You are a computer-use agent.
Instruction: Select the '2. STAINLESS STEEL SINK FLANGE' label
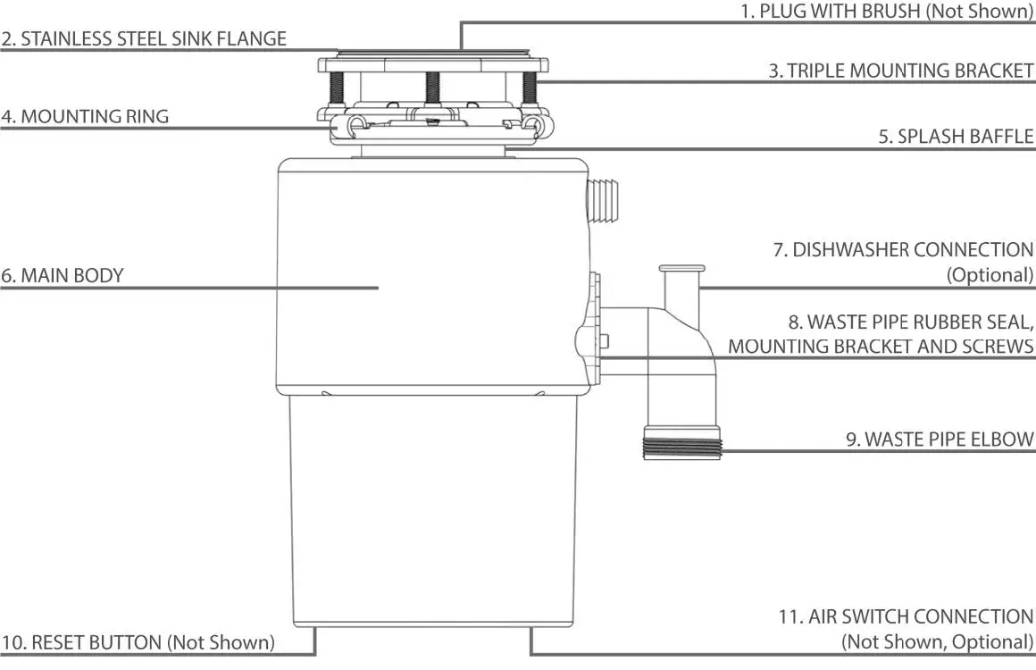pyautogui.click(x=144, y=38)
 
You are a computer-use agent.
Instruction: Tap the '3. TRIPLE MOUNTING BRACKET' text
pyautogui.click(x=900, y=71)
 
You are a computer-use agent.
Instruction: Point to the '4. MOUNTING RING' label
pyautogui.click(x=85, y=116)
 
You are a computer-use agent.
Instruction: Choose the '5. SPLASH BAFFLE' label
pyautogui.click(x=956, y=137)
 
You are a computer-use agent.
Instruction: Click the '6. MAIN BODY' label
pyautogui.click(x=62, y=275)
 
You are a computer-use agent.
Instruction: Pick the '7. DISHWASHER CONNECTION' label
pyautogui.click(x=903, y=250)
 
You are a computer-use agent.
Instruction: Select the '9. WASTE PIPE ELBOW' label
pyautogui.click(x=940, y=439)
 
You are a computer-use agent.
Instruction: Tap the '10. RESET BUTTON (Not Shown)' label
pyautogui.click(x=138, y=642)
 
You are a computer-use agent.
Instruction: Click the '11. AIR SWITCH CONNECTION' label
pyautogui.click(x=906, y=616)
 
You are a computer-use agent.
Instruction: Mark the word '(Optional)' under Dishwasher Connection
pyautogui.click(x=990, y=275)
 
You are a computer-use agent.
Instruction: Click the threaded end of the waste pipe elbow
pyautogui.click(x=681, y=442)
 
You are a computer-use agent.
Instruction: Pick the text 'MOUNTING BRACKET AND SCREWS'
pyautogui.click(x=881, y=347)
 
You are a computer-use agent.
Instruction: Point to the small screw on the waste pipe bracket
pyautogui.click(x=605, y=340)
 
